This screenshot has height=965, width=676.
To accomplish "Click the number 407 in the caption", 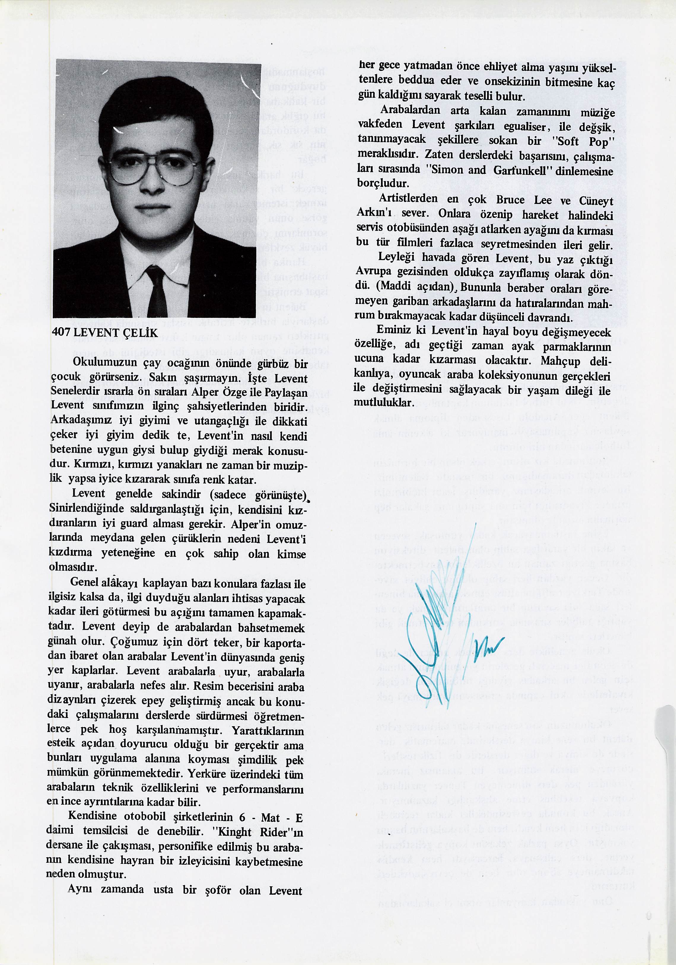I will click(61, 333).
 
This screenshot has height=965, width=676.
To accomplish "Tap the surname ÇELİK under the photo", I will click(139, 333).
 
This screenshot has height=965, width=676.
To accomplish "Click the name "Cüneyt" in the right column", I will click(596, 201).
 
